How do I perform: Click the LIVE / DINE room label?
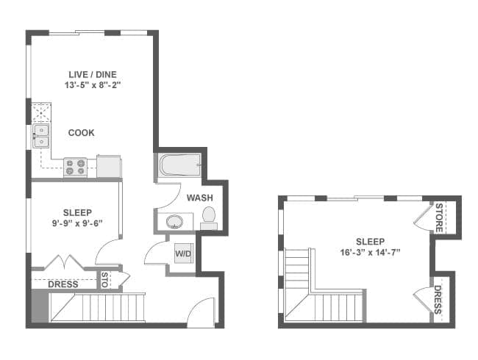[92, 73]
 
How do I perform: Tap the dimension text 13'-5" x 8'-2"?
[92, 85]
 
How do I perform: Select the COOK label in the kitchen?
[81, 133]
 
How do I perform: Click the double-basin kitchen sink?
[40, 137]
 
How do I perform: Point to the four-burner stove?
[75, 168]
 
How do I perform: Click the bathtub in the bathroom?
[179, 165]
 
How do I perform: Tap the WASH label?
[199, 198]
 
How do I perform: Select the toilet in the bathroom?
[209, 216]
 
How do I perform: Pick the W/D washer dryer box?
[182, 254]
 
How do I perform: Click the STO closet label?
[104, 281]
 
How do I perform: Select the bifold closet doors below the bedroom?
[63, 262]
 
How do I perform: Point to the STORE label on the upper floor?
[439, 218]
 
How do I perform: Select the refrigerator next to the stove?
[109, 166]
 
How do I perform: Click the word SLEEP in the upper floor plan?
[370, 241]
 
